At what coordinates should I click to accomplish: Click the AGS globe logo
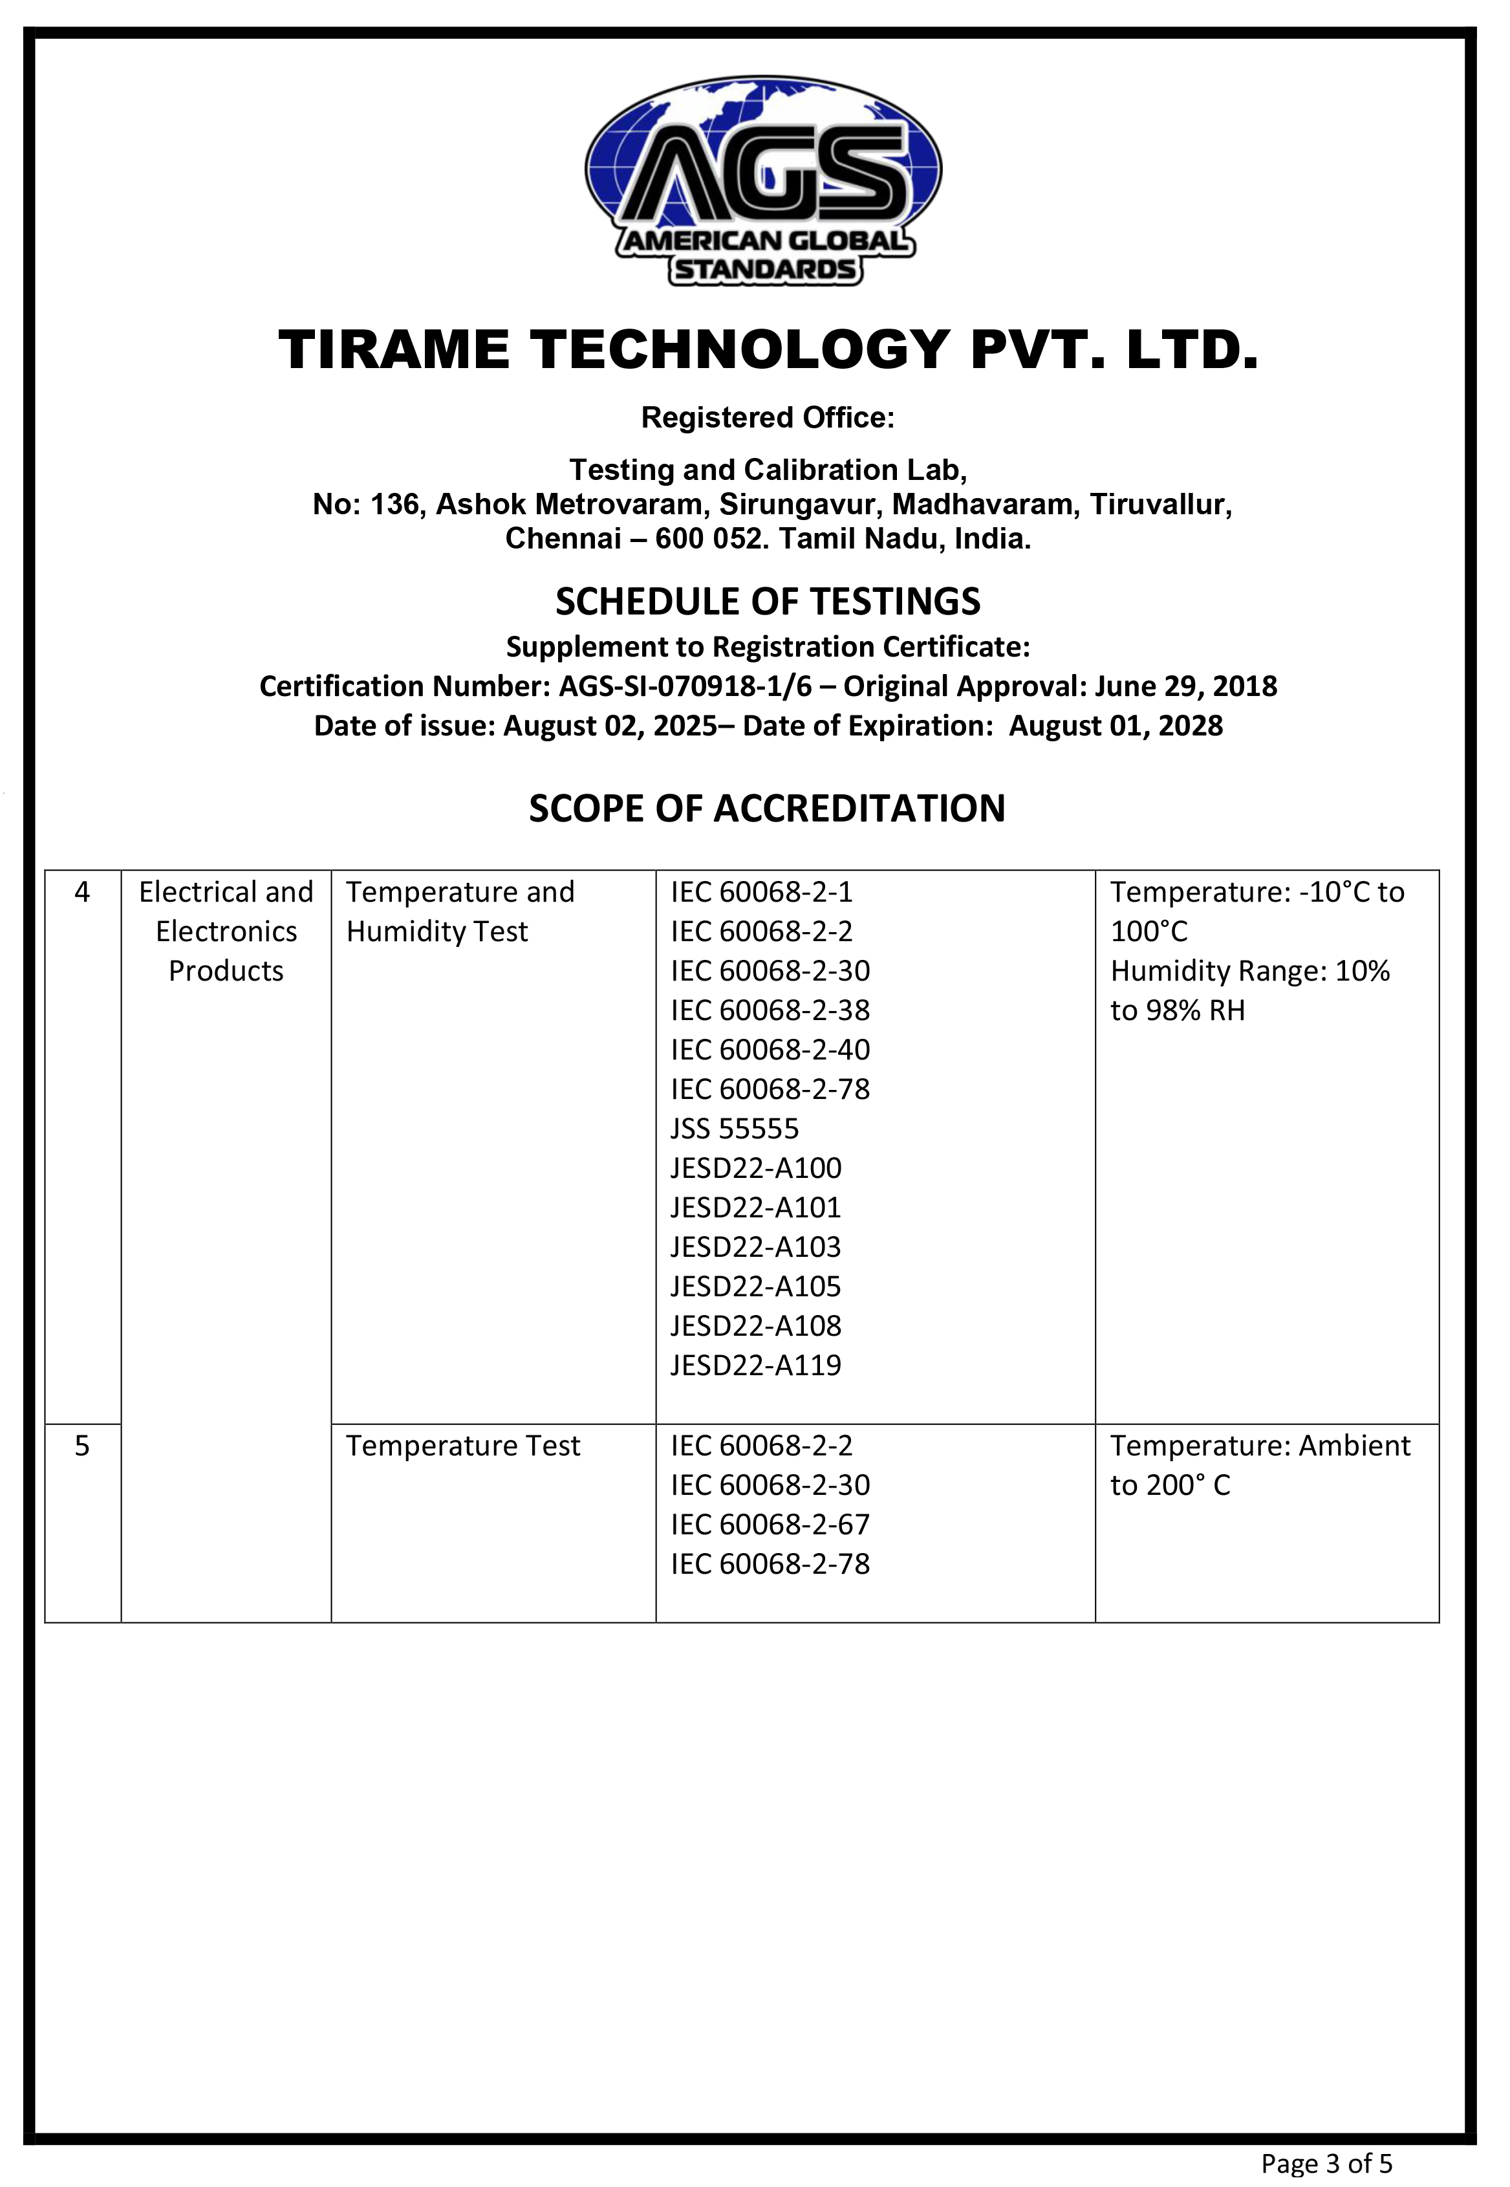(764, 180)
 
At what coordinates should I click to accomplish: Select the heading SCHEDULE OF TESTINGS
(768, 602)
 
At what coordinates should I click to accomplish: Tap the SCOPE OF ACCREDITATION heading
(766, 809)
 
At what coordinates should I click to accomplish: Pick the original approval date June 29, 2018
(1187, 686)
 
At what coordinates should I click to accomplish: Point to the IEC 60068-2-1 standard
(762, 893)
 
